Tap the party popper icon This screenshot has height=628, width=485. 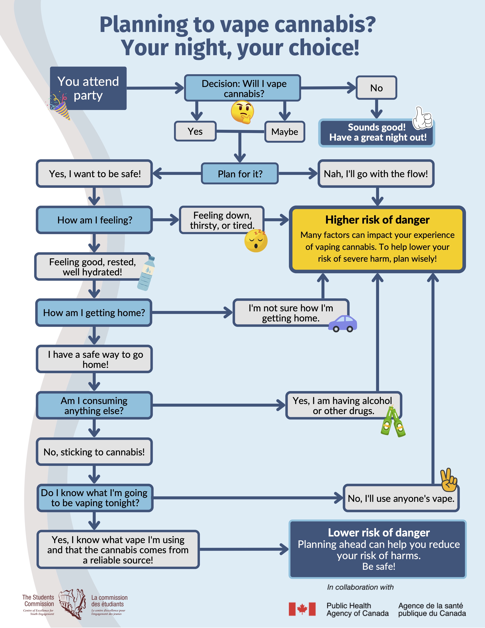(60, 105)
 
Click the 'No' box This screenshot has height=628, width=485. (376, 88)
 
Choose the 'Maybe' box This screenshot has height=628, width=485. (285, 132)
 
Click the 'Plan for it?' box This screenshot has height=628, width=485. (240, 174)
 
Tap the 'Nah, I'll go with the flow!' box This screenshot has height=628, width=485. (376, 174)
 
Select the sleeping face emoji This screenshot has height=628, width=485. (256, 241)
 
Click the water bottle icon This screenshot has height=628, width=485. (146, 273)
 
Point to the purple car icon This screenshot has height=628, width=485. (343, 324)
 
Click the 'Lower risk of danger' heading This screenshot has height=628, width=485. (379, 532)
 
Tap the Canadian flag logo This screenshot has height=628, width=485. (302, 609)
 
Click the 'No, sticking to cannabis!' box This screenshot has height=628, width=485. (94, 452)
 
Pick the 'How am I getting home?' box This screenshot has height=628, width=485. (94, 312)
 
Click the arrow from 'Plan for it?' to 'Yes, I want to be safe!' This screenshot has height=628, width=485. (177, 174)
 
